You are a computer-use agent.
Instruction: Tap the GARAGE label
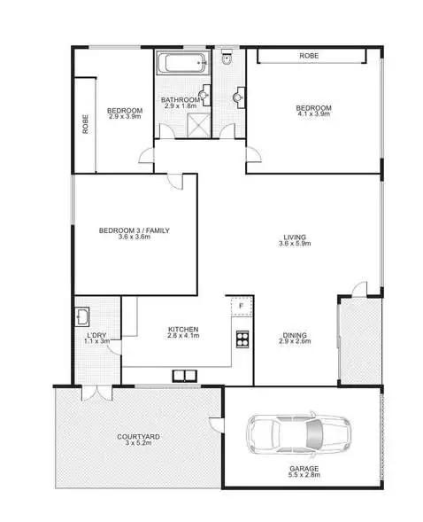(x=304, y=468)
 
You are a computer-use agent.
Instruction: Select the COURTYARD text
(x=139, y=437)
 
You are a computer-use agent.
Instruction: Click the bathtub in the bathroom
(x=182, y=63)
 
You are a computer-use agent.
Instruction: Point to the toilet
(x=226, y=59)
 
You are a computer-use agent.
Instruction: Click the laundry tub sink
(x=82, y=316)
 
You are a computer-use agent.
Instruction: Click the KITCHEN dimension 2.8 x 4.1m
(x=184, y=336)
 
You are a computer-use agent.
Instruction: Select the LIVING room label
(x=295, y=237)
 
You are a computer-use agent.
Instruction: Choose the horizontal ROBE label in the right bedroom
(x=308, y=56)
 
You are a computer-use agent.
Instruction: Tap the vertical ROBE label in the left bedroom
(x=86, y=125)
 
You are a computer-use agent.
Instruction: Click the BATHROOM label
(x=181, y=100)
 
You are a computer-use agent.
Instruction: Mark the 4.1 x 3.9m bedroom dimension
(x=313, y=116)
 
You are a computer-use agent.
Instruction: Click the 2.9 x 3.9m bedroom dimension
(x=126, y=116)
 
